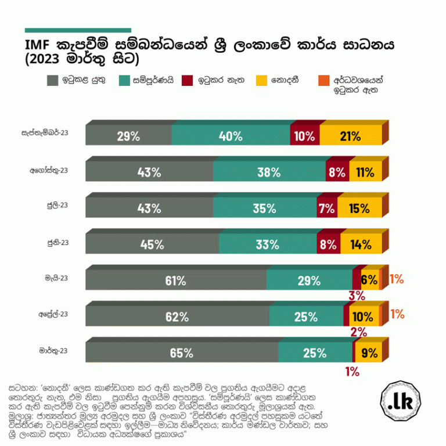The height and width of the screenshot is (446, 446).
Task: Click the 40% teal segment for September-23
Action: click(231, 136)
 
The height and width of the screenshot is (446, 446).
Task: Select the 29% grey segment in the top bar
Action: click(128, 136)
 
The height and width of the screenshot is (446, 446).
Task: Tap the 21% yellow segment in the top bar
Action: click(351, 136)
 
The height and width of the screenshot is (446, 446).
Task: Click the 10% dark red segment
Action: click(305, 136)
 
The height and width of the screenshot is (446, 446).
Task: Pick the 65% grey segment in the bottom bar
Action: click(182, 353)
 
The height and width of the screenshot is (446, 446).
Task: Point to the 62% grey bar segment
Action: click(177, 316)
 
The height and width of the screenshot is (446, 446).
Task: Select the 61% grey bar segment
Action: click(175, 280)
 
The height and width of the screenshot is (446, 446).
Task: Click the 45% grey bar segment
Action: click(152, 244)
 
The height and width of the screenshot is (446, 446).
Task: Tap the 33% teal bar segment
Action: click(269, 244)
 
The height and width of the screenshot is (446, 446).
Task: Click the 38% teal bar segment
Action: click(269, 172)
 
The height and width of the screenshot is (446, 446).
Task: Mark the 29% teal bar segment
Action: click(309, 280)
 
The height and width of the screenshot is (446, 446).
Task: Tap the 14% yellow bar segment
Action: click(361, 244)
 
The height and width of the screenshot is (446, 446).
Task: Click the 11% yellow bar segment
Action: click(365, 172)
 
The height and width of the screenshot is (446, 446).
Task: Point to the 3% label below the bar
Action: click(357, 296)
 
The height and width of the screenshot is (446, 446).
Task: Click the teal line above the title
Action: click(78, 30)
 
